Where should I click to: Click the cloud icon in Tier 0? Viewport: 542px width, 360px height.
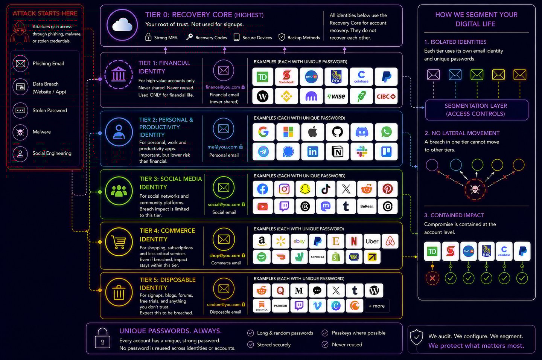122,25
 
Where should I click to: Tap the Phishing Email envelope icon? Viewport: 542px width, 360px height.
20,64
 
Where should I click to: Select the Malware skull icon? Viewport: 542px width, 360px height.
20,132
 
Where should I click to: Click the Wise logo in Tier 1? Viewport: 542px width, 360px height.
336,96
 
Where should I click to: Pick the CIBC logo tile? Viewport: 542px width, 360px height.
386,96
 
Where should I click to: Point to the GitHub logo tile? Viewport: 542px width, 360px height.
337,132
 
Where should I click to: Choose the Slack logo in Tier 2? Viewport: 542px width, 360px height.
362,151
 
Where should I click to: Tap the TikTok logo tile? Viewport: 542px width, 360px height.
326,189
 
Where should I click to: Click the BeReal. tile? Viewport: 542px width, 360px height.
367,206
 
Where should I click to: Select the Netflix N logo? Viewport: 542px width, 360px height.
353,241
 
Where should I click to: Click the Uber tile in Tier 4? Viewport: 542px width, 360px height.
372,241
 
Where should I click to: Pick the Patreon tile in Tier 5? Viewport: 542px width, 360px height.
280,306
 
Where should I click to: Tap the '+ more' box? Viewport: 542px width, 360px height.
377,306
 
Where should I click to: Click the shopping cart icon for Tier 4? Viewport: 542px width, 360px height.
119,243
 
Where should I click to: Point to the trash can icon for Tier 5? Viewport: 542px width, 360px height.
119,292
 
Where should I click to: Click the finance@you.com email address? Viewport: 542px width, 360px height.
223,87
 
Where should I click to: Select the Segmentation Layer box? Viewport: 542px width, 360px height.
476,110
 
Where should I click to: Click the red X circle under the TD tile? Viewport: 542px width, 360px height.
432,278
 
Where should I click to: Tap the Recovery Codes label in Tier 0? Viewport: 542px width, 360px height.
211,38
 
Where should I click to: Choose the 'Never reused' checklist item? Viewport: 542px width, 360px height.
347,345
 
